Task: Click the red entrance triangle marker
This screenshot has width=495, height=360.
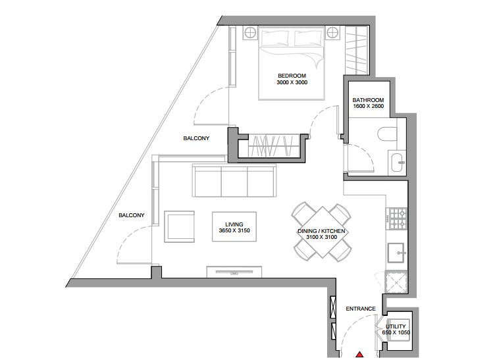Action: [x=359, y=354]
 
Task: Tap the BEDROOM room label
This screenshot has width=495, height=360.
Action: [x=292, y=76]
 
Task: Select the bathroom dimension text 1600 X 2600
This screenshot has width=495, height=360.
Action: [x=369, y=107]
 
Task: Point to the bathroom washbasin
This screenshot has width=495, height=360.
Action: [x=398, y=162]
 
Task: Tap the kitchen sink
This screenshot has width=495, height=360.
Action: [x=396, y=253]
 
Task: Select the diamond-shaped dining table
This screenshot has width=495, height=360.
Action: [x=322, y=232]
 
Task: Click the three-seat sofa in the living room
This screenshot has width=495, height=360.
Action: [x=234, y=181]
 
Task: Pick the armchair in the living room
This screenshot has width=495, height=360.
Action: [x=179, y=226]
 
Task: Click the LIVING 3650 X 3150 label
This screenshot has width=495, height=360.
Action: [x=234, y=227]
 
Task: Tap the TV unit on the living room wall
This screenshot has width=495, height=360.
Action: [x=234, y=272]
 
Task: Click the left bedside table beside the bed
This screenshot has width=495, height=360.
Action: [x=250, y=32]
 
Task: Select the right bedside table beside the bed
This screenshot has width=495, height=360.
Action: [x=332, y=32]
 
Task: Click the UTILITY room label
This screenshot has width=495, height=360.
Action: [x=396, y=326]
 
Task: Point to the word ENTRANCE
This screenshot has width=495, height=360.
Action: [x=361, y=309]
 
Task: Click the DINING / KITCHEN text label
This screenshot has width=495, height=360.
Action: [x=321, y=231]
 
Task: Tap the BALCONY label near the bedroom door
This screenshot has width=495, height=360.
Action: [x=196, y=138]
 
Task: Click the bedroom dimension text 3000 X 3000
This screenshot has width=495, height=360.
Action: [x=292, y=82]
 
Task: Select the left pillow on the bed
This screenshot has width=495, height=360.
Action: [x=275, y=38]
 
